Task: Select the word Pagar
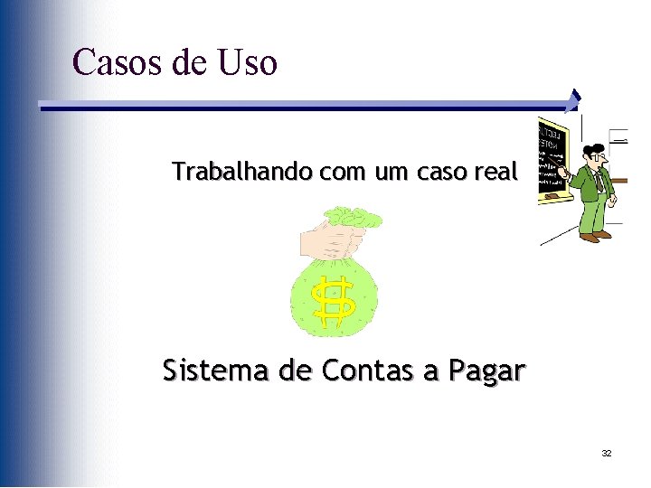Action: coord(484,371)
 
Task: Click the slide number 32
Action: coord(606,453)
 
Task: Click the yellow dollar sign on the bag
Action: coord(333,301)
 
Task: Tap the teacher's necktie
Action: coord(598,181)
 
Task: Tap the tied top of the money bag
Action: coord(354,217)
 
